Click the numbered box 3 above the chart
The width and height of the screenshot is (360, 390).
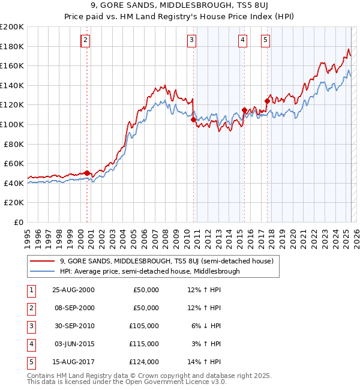tap(191, 40)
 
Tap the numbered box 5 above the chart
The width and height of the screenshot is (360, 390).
tap(265, 40)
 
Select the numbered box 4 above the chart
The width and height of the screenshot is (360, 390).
tap(242, 40)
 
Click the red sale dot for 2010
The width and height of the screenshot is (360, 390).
tap(193, 119)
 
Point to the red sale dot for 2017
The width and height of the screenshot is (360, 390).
tap(267, 101)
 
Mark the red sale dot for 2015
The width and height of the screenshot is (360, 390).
tap(244, 110)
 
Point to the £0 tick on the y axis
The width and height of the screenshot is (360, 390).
tap(18, 222)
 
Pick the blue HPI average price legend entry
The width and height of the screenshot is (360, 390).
tap(149, 271)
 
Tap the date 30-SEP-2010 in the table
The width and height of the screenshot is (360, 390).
tap(73, 326)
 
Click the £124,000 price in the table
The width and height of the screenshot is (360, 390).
tap(144, 362)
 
